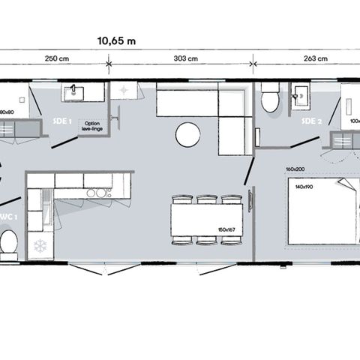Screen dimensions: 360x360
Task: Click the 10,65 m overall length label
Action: pyautogui.click(x=115, y=41)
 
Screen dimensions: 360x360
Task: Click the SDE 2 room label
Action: pyautogui.click(x=310, y=121)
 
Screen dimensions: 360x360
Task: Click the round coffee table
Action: pyautogui.click(x=187, y=136)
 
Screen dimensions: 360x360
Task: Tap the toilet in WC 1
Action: pyautogui.click(x=9, y=241)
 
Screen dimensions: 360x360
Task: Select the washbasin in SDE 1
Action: pyautogui.click(x=74, y=92)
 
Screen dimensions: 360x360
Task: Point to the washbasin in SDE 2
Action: pyautogui.click(x=302, y=94)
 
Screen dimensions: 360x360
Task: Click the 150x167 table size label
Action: pyautogui.click(x=226, y=230)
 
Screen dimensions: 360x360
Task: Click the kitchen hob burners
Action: pyautogui.click(x=95, y=193)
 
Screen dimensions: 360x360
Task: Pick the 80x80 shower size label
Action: pyautogui.click(x=6, y=112)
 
